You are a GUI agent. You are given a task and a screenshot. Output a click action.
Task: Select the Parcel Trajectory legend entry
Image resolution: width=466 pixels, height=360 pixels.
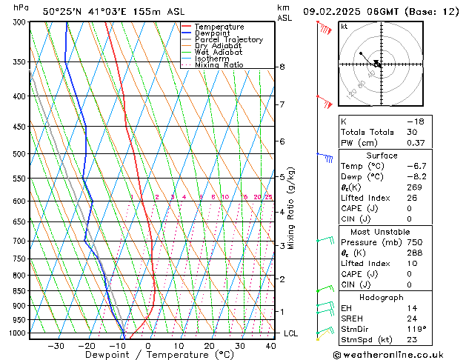click(x=228, y=40)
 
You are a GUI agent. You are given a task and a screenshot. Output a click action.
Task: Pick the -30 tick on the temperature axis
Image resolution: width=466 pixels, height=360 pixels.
click(x=56, y=346)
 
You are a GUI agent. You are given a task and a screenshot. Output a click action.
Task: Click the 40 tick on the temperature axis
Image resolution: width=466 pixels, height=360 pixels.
click(x=270, y=346)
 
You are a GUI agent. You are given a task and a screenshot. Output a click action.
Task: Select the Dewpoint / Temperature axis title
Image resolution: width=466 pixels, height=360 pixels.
click(x=148, y=356)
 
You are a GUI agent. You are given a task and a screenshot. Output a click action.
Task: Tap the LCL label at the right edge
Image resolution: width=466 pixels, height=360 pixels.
click(x=291, y=333)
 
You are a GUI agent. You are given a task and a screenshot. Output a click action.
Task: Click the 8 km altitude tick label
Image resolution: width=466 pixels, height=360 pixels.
click(x=282, y=67)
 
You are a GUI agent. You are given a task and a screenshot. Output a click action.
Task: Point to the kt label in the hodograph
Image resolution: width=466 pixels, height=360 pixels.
click(x=344, y=27)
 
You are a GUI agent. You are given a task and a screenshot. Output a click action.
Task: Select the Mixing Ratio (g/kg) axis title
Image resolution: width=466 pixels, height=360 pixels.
click(x=292, y=208)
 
